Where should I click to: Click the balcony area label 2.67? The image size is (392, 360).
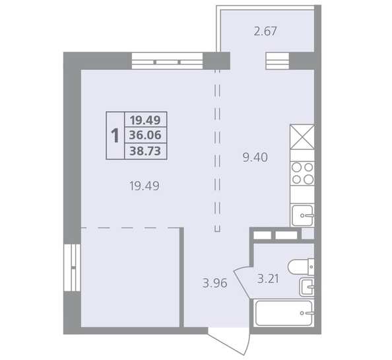[x=265, y=32]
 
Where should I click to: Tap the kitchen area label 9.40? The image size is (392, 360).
[x=255, y=158]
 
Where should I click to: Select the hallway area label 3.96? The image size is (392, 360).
[x=215, y=283]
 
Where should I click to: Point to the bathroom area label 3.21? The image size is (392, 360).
[x=268, y=279]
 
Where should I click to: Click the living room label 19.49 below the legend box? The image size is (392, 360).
[x=145, y=186]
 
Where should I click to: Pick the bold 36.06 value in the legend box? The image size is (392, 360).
[x=145, y=135]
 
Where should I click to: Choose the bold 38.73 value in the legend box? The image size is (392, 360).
[x=145, y=151]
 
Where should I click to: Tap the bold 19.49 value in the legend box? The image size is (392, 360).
[x=145, y=120]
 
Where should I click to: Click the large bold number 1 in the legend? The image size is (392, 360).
[x=115, y=135]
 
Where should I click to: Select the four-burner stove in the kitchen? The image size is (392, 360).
[x=302, y=174]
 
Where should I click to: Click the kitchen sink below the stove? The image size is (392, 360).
[x=303, y=215]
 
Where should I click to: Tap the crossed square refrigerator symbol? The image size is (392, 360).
[x=302, y=137]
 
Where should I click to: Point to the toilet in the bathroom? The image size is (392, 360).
[x=301, y=267]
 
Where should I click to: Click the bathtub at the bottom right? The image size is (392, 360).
[x=284, y=313]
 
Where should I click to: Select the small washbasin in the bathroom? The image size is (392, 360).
[x=307, y=287]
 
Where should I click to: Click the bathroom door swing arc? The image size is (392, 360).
[x=242, y=282]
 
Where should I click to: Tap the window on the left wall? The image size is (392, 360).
[x=72, y=268]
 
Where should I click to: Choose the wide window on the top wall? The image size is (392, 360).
[x=167, y=61]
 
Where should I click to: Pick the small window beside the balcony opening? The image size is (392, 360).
[x=277, y=61]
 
